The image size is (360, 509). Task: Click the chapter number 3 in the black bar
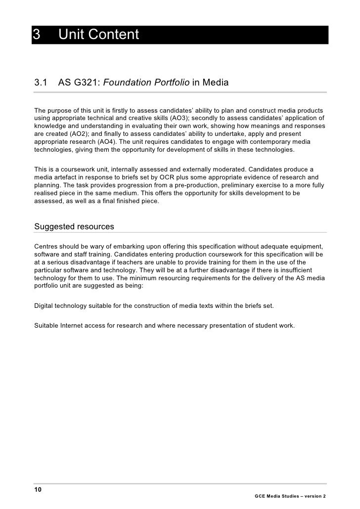pos(36,35)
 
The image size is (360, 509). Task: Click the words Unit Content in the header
pos(99,35)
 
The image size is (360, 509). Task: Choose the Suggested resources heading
pos(74,227)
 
